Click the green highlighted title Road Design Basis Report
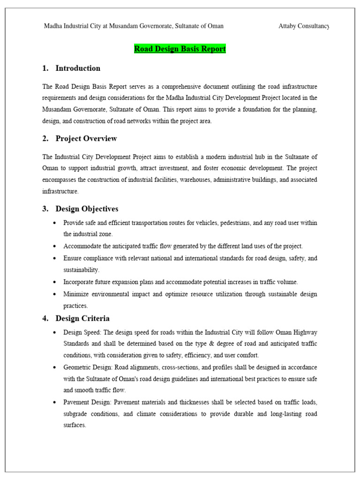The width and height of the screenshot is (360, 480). (x=180, y=49)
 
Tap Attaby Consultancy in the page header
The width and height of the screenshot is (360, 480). (x=304, y=26)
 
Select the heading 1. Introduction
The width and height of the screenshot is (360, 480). (x=71, y=68)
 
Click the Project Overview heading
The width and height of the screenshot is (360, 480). (x=86, y=139)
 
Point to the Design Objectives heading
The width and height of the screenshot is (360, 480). (x=87, y=209)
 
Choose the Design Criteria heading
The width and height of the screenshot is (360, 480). (x=82, y=319)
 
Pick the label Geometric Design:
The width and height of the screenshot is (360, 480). (x=87, y=367)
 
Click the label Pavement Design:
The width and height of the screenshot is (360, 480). (x=86, y=402)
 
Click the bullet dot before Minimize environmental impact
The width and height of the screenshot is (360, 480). (x=55, y=294)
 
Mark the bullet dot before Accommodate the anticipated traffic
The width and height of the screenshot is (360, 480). (x=55, y=246)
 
